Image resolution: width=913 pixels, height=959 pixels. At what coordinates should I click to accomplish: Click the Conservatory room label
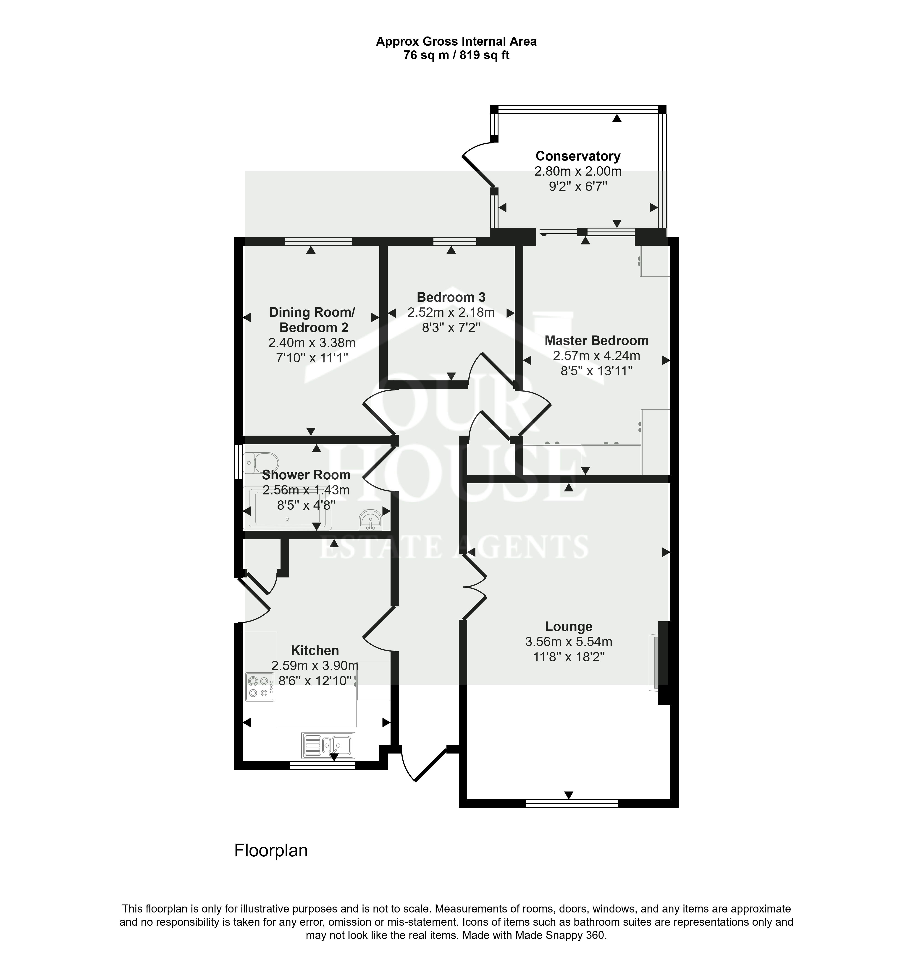[578, 156]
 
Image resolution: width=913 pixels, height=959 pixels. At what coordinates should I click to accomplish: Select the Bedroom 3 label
[451, 297]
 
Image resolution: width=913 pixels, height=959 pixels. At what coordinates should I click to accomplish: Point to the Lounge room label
[568, 627]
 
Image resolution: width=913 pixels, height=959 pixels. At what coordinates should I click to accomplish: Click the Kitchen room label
[315, 651]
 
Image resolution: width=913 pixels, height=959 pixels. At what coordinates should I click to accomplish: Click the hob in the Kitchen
[259, 687]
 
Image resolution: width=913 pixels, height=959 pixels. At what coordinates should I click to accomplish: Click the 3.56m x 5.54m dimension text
[568, 642]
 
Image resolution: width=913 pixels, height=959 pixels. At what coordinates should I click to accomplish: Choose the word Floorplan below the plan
[271, 850]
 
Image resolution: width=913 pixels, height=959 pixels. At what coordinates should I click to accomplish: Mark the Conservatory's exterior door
[478, 165]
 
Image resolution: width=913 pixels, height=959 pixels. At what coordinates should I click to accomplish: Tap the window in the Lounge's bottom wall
[572, 804]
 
